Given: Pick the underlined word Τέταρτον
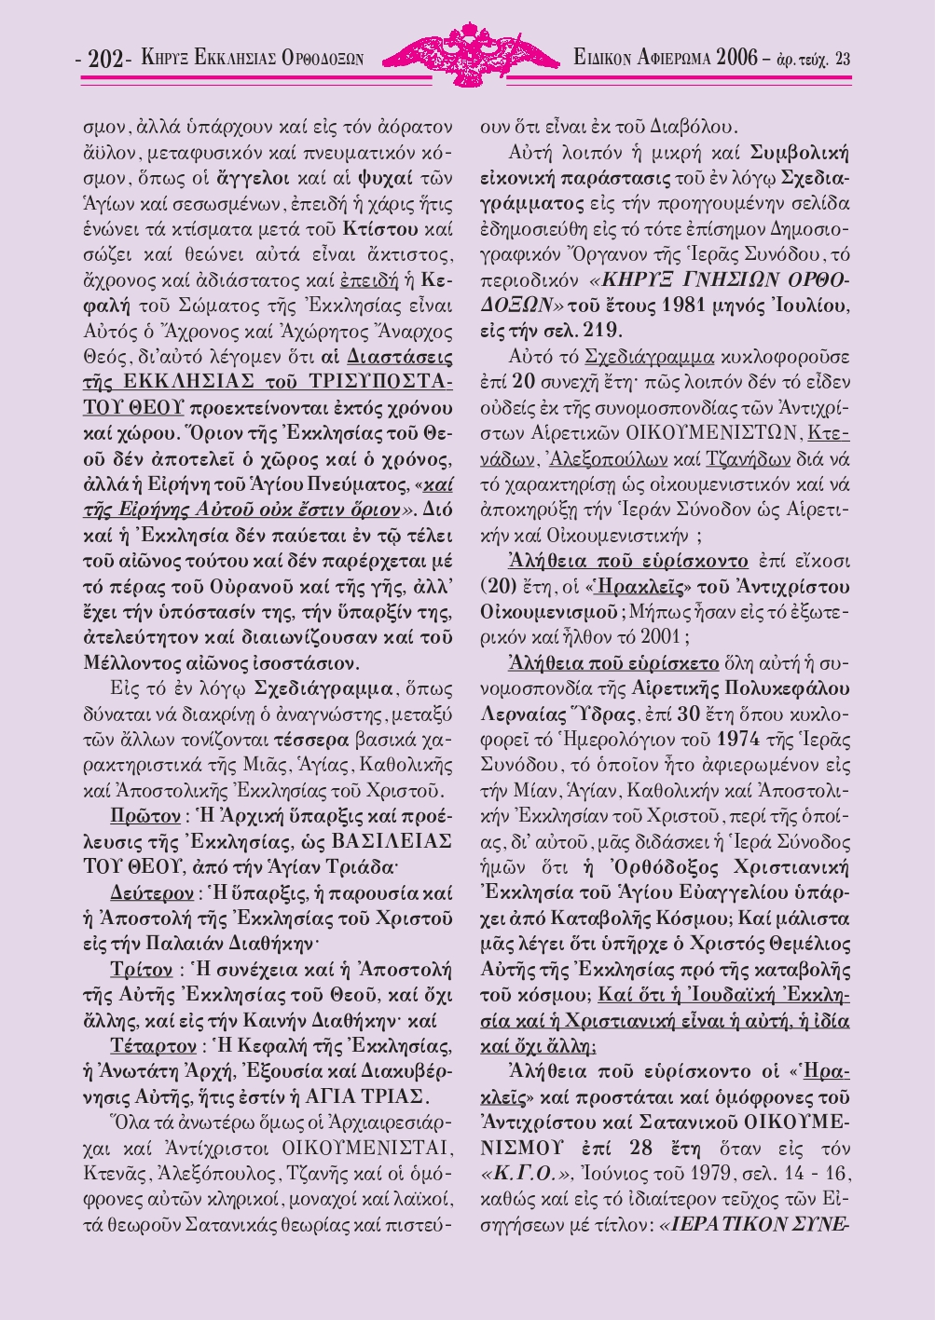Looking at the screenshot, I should pyautogui.click(x=152, y=1042).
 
